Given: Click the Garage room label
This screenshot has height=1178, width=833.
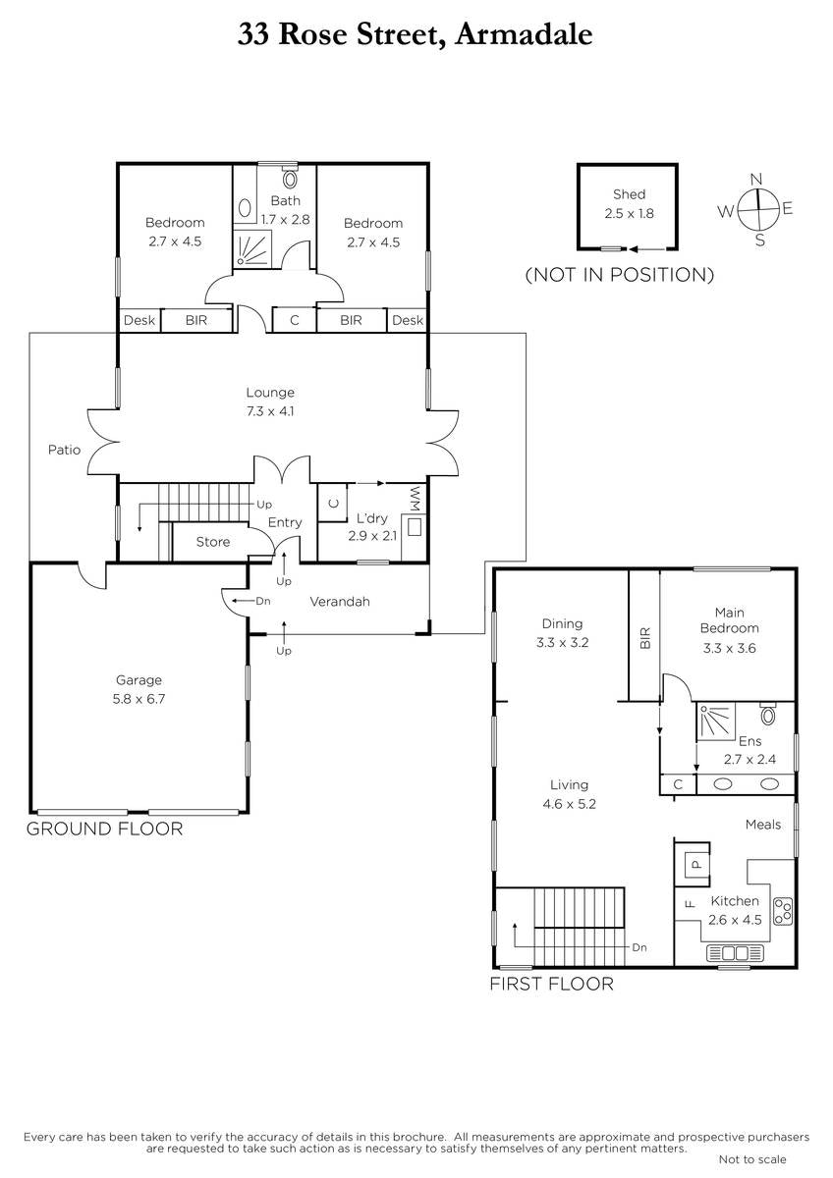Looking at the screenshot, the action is pos(139,680).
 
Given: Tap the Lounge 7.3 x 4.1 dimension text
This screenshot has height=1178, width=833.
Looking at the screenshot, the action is pos(270,411).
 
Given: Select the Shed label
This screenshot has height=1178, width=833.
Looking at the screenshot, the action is pos(629,194).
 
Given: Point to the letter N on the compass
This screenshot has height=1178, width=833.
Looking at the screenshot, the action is pos(756,179).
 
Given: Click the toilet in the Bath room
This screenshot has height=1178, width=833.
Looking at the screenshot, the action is pos(290,178).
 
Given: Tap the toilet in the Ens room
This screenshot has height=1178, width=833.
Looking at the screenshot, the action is pos(768,715).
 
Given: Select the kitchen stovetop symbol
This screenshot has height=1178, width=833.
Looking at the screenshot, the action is pos(783,911).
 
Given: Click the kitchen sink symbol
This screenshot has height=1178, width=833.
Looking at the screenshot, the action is pos(735,952).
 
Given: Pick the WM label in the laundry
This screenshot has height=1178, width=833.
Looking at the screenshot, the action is pos(416,499).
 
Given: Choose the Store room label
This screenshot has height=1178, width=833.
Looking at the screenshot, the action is pos(213,542).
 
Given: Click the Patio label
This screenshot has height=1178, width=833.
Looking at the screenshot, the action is pos(64,450).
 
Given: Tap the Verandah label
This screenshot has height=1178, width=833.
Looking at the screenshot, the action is pos(340,602).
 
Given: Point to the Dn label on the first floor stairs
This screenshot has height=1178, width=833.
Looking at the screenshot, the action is pos(639,947).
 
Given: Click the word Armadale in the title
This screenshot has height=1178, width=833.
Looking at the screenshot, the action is pos(525,34).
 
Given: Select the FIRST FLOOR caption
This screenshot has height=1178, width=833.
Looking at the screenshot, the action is pos(552,984).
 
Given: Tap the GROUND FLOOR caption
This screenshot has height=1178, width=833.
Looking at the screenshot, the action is pos(105,829).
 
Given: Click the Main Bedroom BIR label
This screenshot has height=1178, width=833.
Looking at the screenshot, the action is pos(645,638).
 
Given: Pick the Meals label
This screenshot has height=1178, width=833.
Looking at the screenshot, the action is pos(763,825).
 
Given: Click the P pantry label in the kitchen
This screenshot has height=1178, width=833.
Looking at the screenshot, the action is pos(695,864).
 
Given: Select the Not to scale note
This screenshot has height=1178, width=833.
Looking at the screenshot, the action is pos(752,1158).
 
